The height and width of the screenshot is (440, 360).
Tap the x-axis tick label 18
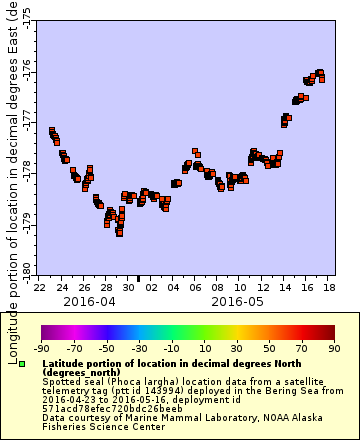tap(330, 287)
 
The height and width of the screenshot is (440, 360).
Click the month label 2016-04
tap(89, 300)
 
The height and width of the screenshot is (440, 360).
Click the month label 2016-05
tap(238, 300)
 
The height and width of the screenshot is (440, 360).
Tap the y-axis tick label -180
tap(26, 263)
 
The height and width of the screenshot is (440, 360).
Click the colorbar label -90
tap(41, 348)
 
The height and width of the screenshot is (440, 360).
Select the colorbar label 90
tap(333, 348)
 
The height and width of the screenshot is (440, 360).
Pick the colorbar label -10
tap(171, 348)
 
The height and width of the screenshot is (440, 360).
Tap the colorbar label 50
tap(269, 348)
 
